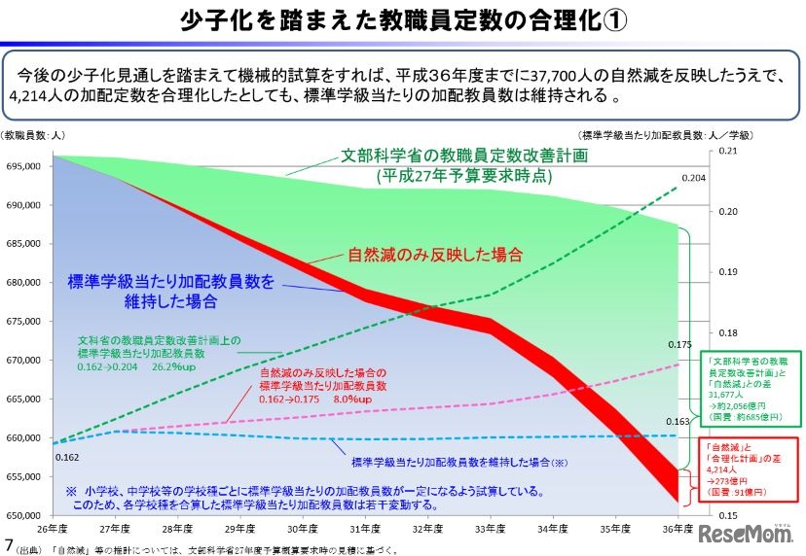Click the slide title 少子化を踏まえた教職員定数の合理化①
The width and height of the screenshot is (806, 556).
(x=404, y=20)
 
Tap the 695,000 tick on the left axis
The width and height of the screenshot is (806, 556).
(x=21, y=166)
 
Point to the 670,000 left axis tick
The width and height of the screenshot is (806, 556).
(x=21, y=361)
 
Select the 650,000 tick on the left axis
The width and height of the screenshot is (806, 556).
(x=21, y=515)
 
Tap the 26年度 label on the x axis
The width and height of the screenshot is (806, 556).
(x=55, y=531)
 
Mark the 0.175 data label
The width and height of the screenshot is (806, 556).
(x=679, y=344)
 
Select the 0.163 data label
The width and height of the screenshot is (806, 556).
(x=679, y=422)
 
